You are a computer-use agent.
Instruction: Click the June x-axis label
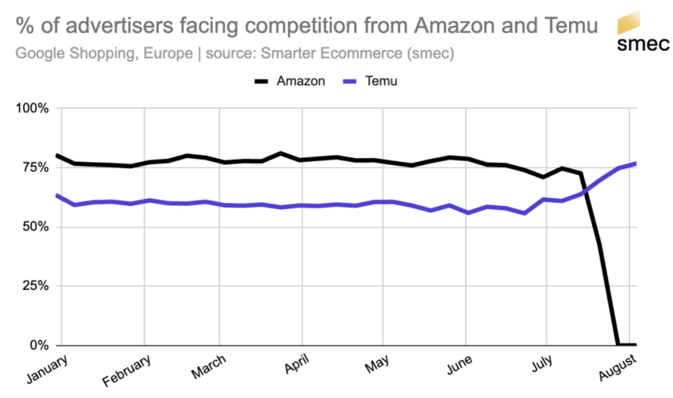click(459, 364)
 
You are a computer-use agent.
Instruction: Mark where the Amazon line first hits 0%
click(617, 344)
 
